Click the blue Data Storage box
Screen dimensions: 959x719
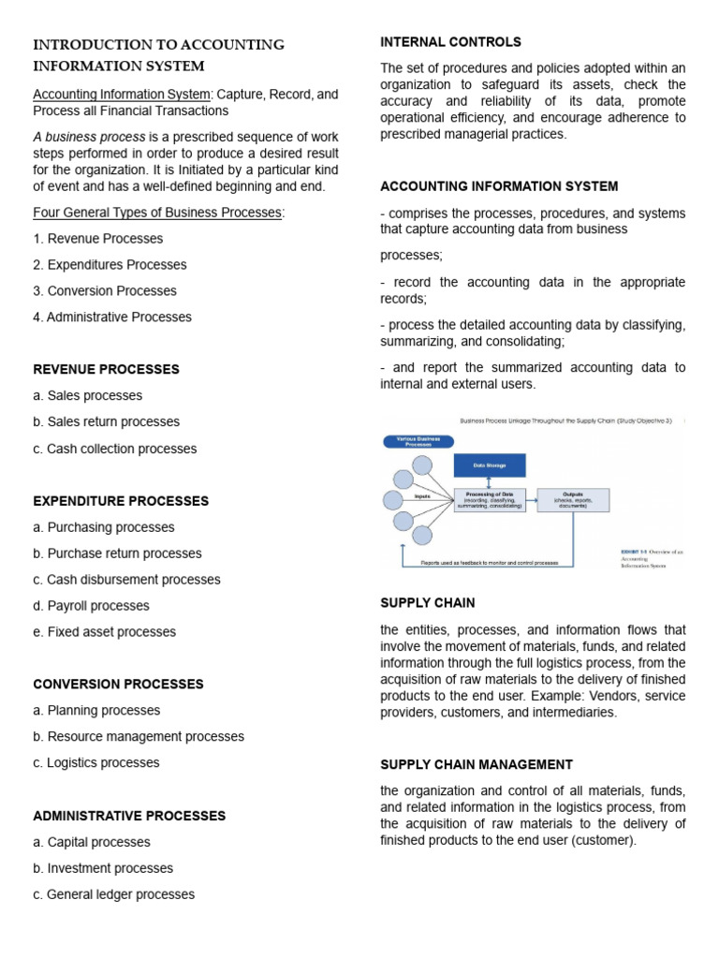coord(490,465)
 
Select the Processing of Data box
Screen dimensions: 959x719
coord(490,500)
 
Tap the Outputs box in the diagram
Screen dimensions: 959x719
coord(573,500)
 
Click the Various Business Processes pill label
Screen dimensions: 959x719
coord(418,441)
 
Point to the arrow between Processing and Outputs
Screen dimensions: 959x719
coord(532,500)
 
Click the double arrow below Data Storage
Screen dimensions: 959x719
coord(490,482)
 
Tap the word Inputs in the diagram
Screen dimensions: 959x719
coord(422,496)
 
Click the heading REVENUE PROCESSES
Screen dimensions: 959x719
coord(106,369)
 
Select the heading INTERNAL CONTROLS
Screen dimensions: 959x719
coord(450,42)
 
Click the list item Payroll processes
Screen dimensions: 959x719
coord(91,606)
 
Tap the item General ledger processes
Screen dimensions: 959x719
coord(113,894)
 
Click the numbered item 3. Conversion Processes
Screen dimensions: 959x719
coord(105,290)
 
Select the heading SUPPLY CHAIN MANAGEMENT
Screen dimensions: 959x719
coord(477,764)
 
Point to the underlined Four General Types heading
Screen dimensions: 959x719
coord(158,213)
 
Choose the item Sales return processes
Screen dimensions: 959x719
coord(106,421)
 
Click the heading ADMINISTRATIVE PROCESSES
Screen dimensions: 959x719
coord(129,816)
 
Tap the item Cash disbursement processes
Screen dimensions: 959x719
coord(126,580)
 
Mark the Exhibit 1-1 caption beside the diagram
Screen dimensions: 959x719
coord(653,559)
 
